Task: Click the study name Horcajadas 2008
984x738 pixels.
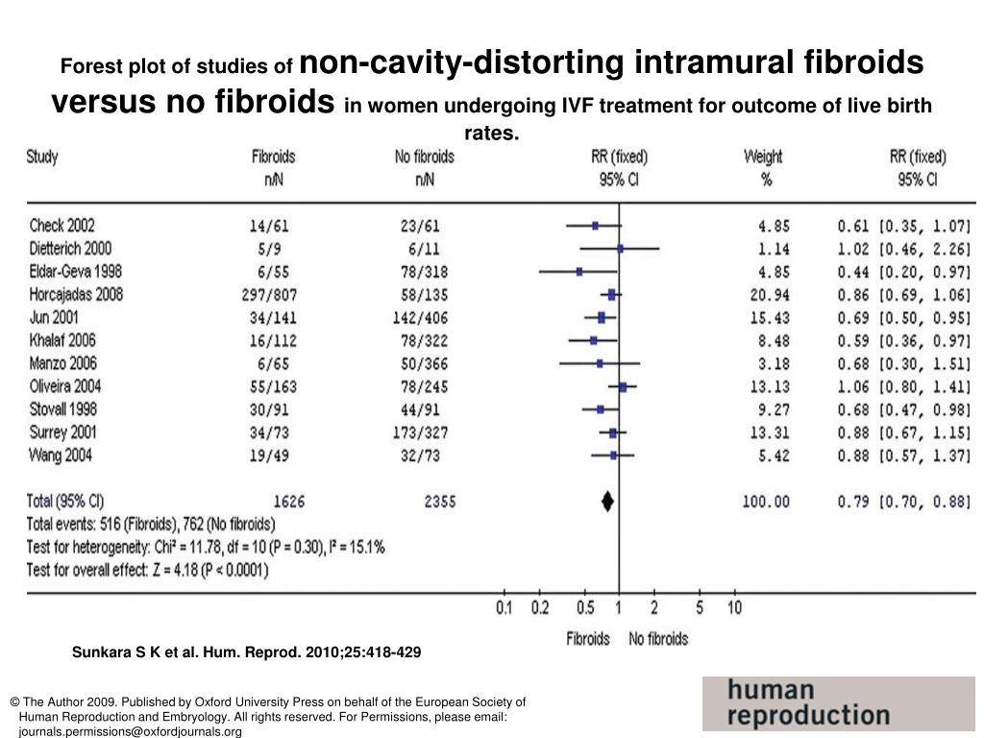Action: (76, 294)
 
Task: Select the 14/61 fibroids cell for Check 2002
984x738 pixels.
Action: (268, 226)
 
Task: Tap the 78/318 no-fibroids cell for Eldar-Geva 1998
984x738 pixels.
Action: (424, 272)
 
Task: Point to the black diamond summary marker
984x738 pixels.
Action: (607, 501)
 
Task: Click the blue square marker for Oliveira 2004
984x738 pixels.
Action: (623, 387)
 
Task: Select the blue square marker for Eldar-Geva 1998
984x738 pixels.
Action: (579, 272)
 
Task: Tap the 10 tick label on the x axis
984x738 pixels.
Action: (734, 607)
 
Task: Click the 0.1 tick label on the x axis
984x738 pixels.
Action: (504, 607)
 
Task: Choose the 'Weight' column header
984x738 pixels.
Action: (763, 157)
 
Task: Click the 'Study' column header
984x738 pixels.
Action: (42, 157)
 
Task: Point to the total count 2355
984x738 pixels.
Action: (438, 501)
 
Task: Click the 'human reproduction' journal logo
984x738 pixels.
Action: (837, 703)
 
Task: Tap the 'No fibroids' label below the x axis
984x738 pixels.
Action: (658, 638)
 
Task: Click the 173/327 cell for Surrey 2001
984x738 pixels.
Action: (420, 433)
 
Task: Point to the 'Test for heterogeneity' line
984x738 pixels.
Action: (206, 548)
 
